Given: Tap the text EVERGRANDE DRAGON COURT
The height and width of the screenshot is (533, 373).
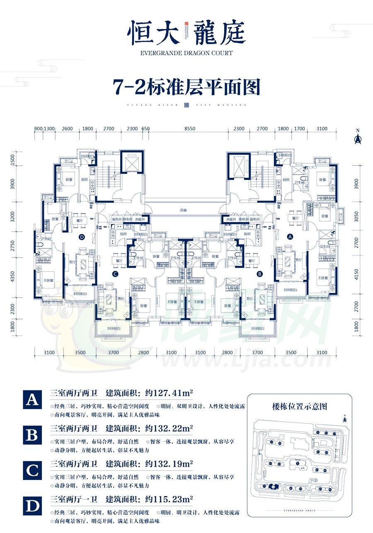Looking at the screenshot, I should tap(186, 53).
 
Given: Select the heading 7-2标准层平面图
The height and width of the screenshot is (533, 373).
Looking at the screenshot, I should tap(186, 87).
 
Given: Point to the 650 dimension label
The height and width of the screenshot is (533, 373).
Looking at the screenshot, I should tap(145, 129).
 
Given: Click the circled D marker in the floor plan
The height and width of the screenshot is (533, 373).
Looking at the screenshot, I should tap(81, 237).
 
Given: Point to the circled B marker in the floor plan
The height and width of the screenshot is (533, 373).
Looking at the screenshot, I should tap(259, 274).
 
